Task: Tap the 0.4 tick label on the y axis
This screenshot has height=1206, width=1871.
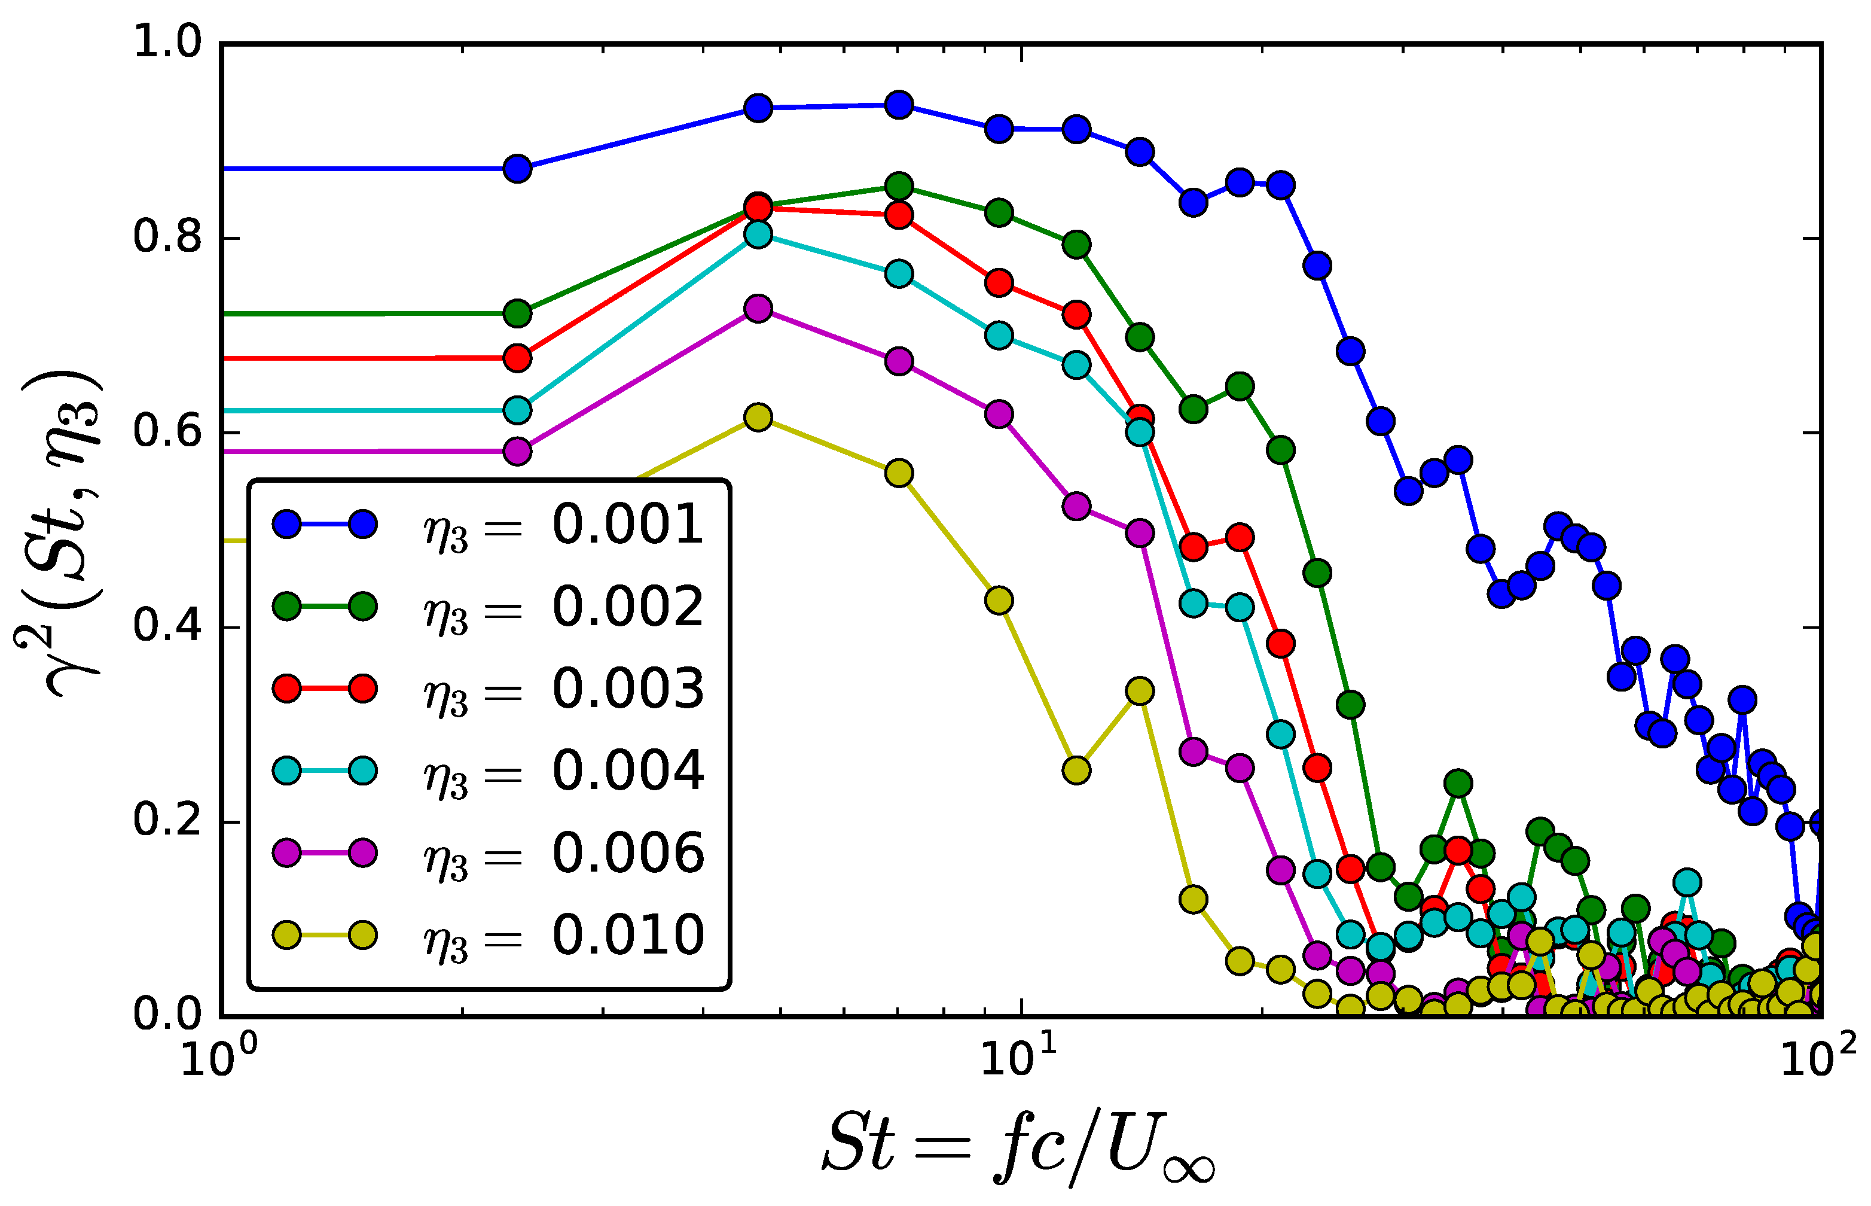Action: [167, 626]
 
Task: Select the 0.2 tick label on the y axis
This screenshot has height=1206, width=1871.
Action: [167, 820]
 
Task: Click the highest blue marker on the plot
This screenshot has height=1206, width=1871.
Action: [899, 105]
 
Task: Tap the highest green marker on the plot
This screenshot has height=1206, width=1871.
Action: [899, 187]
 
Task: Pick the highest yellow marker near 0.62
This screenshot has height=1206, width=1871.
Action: [758, 418]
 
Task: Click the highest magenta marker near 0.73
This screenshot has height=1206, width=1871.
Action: [758, 309]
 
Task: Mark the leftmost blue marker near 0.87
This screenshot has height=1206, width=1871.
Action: [517, 168]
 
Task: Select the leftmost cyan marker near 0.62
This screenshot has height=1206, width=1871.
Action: [517, 410]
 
